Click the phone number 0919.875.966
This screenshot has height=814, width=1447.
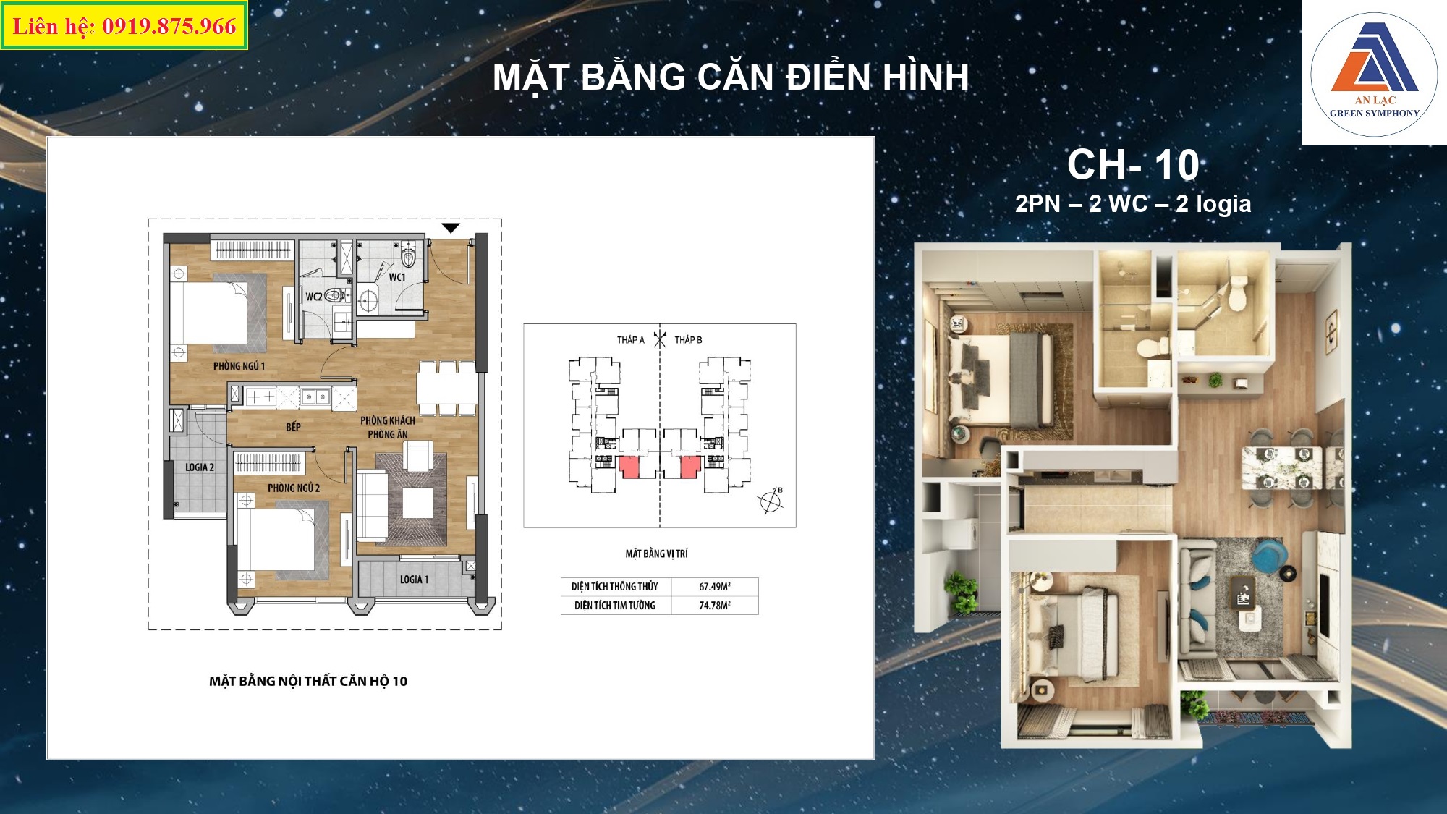pos(169,27)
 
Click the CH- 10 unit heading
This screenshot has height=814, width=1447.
pos(1133,165)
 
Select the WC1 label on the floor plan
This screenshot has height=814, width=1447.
pos(397,277)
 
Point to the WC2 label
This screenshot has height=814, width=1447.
pos(314,297)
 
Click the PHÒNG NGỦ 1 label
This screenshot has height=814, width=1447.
pos(239,366)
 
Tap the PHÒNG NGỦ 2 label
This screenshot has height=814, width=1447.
pos(294,488)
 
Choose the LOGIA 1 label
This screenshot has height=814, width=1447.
pos(414,580)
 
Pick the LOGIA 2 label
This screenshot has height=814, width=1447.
pos(200,467)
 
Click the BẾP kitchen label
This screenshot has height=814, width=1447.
pos(293,427)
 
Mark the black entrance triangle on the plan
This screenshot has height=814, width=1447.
pos(451,228)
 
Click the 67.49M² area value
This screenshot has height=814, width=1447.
pos(715,587)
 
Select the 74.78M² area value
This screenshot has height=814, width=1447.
pos(715,606)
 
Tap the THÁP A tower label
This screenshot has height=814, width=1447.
pos(630,339)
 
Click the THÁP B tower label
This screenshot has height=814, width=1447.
pos(688,339)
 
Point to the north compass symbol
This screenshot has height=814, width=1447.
pos(771,501)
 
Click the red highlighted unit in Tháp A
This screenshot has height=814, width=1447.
pos(630,467)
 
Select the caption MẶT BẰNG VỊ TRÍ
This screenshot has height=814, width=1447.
pos(657,554)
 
